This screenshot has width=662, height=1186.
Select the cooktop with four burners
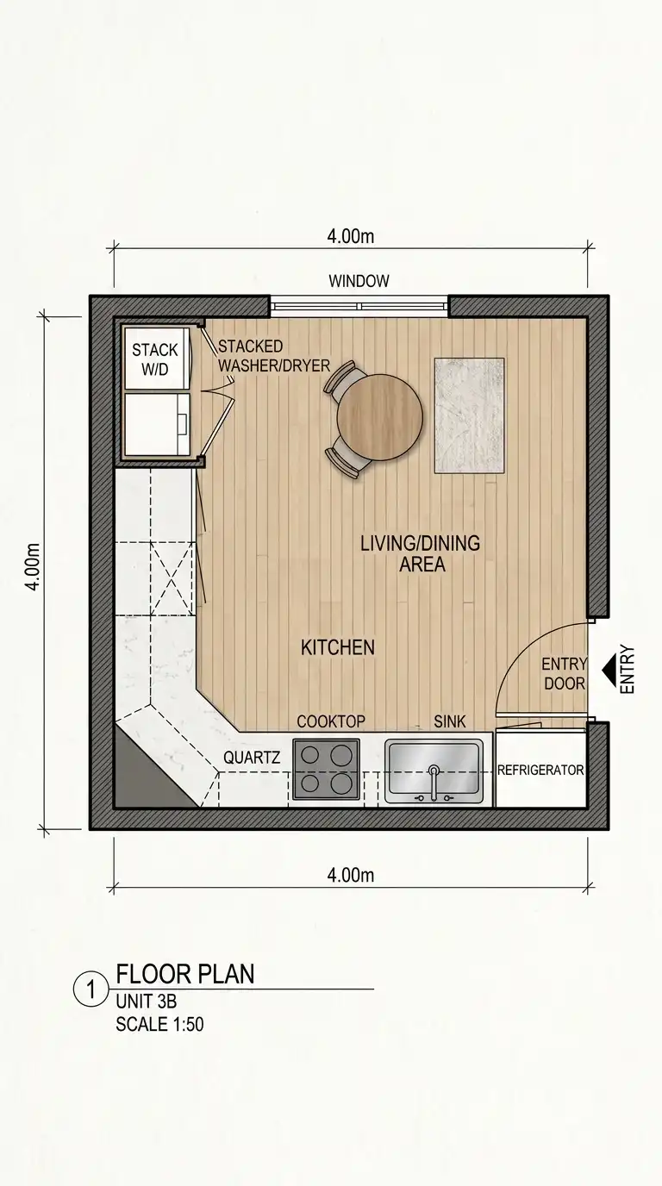326,770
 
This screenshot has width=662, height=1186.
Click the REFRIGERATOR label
540,770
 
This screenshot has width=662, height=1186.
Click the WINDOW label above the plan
359,281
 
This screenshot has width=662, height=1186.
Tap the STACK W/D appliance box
155,359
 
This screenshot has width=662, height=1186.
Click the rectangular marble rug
469,415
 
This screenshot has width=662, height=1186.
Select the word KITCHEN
338,647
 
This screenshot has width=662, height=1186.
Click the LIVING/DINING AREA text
421,554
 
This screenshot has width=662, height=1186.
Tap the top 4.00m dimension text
351,236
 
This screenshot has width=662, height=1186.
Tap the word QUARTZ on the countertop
252,758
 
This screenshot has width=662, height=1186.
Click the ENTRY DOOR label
565,673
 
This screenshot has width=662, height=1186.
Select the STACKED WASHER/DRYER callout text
274,356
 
